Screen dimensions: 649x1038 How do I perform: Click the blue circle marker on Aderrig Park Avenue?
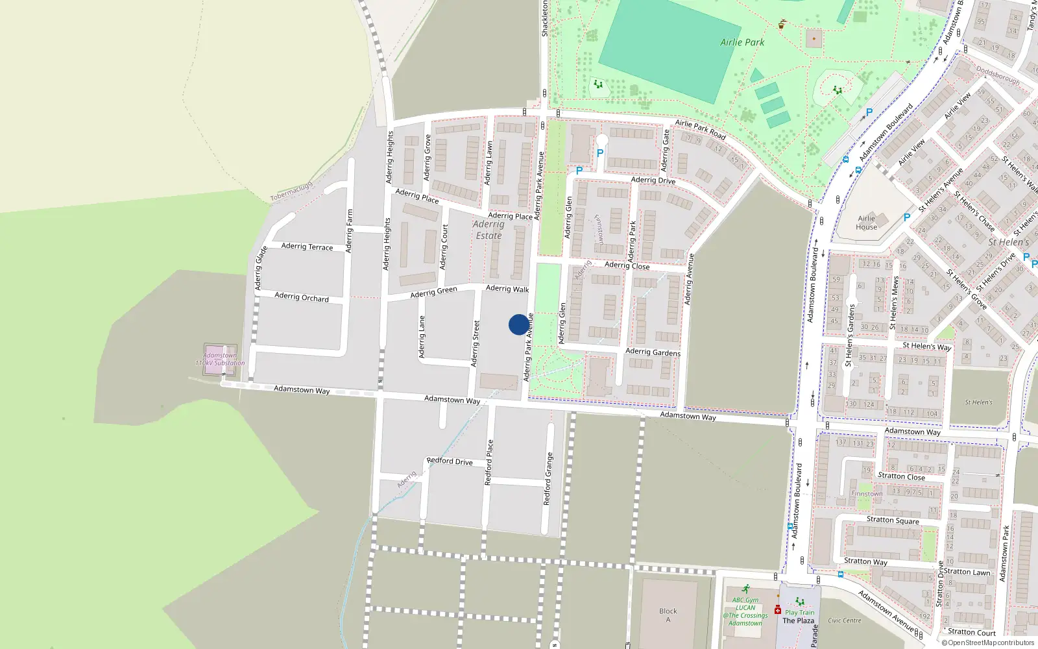click(518, 324)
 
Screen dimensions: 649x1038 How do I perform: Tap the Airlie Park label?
click(742, 42)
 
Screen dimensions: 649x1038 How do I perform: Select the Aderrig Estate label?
click(489, 230)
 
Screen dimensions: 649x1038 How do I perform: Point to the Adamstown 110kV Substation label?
click(220, 360)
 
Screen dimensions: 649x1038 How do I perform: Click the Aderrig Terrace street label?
click(307, 247)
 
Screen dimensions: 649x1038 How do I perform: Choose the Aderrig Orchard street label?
click(302, 297)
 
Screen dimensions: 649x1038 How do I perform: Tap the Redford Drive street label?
click(450, 461)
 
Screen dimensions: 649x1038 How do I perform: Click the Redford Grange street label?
click(548, 479)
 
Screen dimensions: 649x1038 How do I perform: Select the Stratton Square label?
click(893, 520)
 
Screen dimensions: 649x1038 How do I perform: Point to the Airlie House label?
click(866, 223)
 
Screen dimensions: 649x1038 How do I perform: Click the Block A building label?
click(668, 615)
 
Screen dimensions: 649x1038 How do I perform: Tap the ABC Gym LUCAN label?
click(745, 604)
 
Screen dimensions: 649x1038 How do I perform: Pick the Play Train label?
click(799, 612)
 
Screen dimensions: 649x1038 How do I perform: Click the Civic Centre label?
click(844, 620)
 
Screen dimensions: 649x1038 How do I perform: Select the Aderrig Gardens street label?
click(653, 352)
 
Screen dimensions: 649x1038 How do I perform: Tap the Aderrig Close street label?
click(627, 265)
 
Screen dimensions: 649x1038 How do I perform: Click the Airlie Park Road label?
click(700, 129)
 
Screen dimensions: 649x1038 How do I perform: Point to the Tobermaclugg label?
click(291, 191)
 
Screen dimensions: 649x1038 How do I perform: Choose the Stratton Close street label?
click(901, 476)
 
